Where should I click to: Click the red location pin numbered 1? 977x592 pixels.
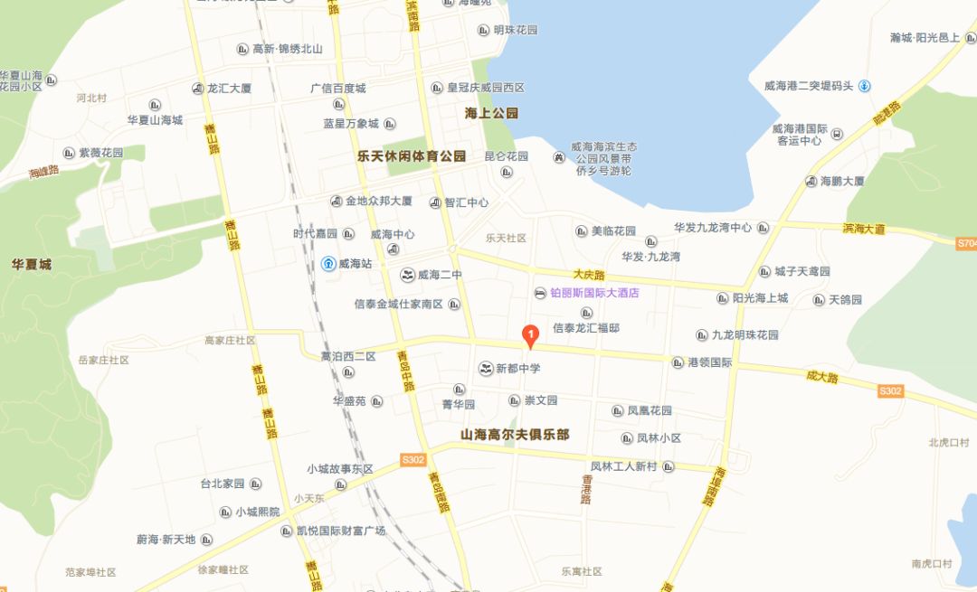click(530, 336)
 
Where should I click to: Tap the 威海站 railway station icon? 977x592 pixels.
click(327, 264)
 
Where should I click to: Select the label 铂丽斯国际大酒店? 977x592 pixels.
click(594, 293)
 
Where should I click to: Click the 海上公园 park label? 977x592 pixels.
click(491, 113)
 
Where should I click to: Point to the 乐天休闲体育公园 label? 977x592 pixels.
click(412, 155)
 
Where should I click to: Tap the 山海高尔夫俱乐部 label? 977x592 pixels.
click(515, 435)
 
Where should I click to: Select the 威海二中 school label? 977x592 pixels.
click(439, 275)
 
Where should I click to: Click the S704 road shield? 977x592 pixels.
click(966, 243)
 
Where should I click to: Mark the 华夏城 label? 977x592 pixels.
click(32, 265)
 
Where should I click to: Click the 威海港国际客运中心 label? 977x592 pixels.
click(800, 134)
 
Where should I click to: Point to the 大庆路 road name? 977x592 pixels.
click(588, 272)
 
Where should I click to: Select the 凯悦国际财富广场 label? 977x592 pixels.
click(340, 531)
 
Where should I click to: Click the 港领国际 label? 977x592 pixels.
click(709, 362)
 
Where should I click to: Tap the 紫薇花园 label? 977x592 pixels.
click(100, 154)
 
